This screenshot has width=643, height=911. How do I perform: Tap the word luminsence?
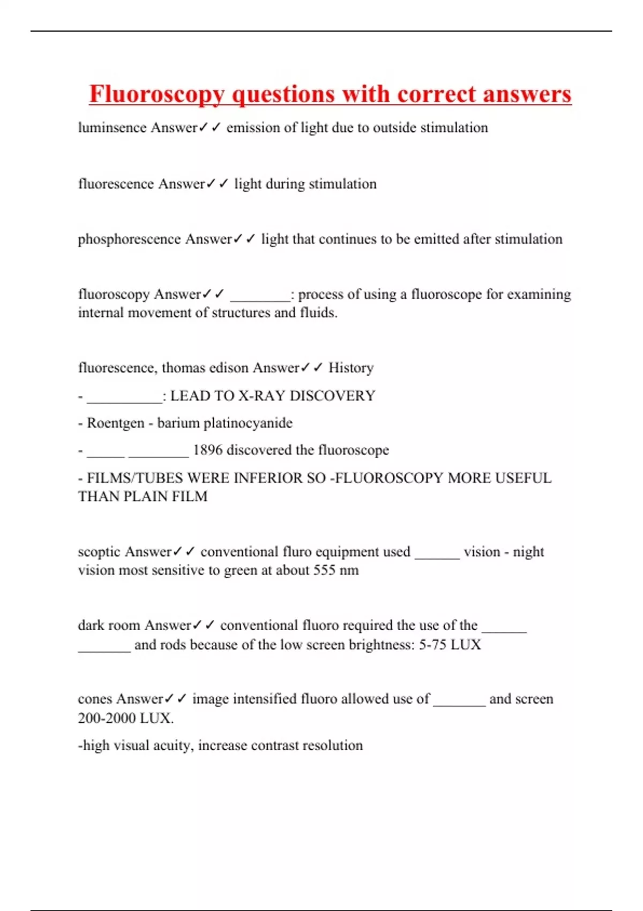coord(112,128)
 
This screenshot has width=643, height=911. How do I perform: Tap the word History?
coord(351,368)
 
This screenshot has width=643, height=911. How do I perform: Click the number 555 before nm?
coord(324,570)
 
